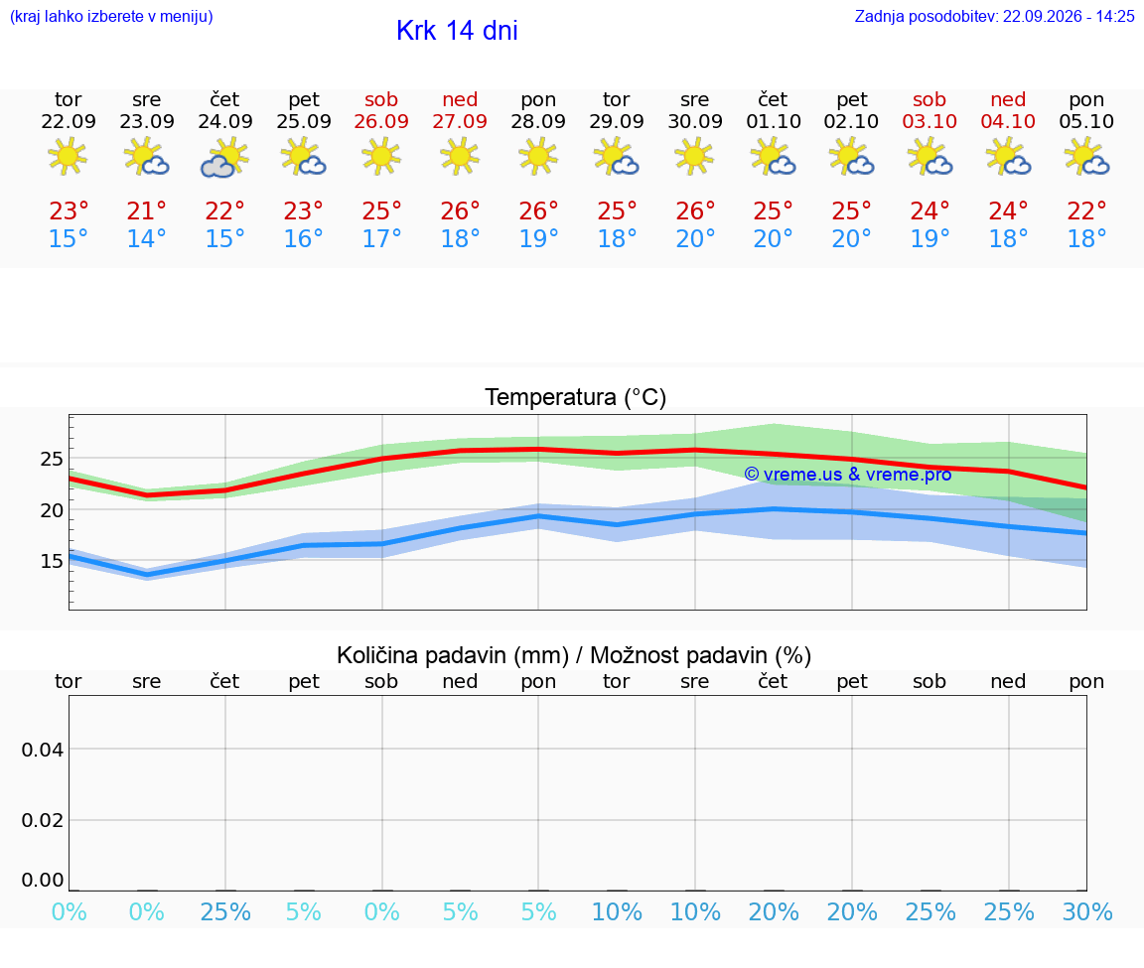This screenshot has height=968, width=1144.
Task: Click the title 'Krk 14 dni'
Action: tap(457, 31)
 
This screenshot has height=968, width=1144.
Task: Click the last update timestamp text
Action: tap(994, 16)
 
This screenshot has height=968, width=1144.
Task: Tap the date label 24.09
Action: tap(225, 122)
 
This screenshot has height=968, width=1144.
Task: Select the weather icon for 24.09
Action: tap(225, 158)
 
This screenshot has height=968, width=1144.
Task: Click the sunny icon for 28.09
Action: tap(538, 157)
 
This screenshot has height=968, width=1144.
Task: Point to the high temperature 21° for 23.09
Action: tap(147, 210)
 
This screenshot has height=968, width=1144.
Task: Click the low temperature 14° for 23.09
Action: tap(147, 238)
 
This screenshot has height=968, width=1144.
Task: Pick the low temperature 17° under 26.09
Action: tap(381, 238)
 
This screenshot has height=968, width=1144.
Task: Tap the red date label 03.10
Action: tap(929, 122)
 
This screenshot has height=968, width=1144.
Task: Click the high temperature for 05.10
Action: tap(1086, 210)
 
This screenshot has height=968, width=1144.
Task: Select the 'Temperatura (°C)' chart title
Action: tap(576, 397)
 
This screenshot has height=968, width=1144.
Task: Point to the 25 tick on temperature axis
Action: tap(52, 460)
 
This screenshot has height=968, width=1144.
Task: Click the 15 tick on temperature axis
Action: tap(52, 561)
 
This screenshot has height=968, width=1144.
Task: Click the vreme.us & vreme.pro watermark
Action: tap(848, 475)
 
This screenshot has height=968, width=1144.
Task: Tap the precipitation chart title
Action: tap(574, 655)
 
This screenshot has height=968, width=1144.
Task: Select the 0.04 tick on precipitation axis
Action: tap(43, 750)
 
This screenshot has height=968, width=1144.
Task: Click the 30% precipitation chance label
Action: tap(1087, 911)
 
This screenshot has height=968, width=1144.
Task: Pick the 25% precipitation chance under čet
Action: tap(225, 911)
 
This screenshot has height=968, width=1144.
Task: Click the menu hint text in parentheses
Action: tap(111, 17)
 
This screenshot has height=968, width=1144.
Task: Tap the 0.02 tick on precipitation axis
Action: tap(43, 820)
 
